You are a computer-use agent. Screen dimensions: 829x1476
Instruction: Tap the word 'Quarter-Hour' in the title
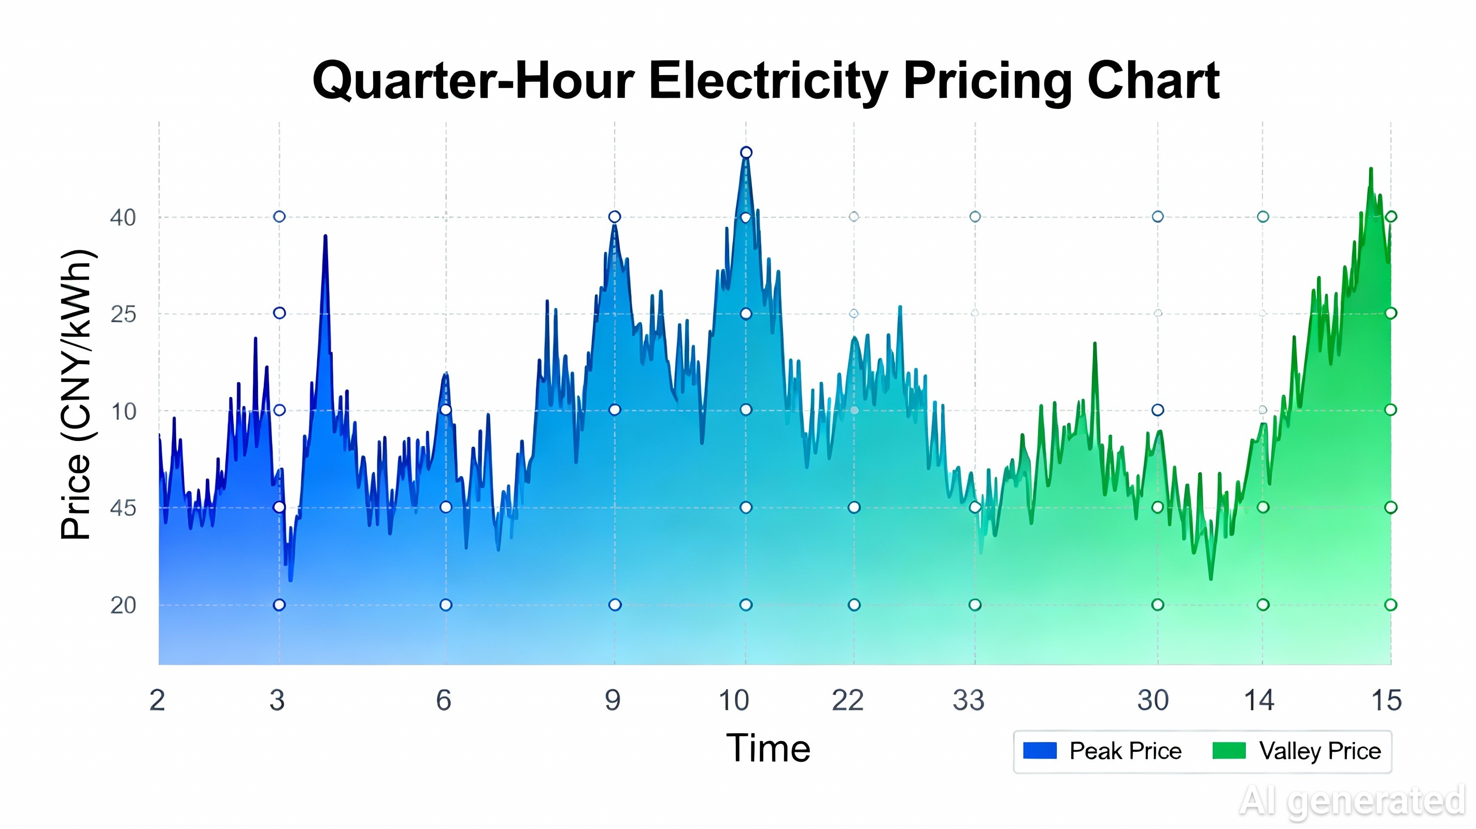pyautogui.click(x=473, y=81)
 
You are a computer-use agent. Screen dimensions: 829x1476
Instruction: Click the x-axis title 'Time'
pyautogui.click(x=768, y=748)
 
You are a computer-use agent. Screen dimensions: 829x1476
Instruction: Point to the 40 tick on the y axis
pyautogui.click(x=123, y=218)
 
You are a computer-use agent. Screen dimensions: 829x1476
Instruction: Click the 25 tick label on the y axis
pyautogui.click(x=123, y=315)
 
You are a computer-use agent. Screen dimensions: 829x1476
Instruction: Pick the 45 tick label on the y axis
pyautogui.click(x=123, y=508)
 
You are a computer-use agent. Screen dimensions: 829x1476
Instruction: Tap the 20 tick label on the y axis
pyautogui.click(x=123, y=606)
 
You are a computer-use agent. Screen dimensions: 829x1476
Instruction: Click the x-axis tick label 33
pyautogui.click(x=968, y=701)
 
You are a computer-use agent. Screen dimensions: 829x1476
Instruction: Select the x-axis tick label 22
pyautogui.click(x=847, y=701)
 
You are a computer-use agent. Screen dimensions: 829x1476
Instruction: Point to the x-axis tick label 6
pyautogui.click(x=444, y=701)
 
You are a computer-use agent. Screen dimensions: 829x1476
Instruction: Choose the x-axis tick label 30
pyautogui.click(x=1153, y=701)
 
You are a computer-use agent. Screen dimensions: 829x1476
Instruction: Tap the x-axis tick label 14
pyautogui.click(x=1259, y=701)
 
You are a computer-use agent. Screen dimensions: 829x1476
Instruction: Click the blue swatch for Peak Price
pyautogui.click(x=1040, y=751)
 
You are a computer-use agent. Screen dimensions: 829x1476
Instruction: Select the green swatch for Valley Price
pyautogui.click(x=1229, y=751)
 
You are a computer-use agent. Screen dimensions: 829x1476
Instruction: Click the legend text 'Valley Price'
pyautogui.click(x=1320, y=751)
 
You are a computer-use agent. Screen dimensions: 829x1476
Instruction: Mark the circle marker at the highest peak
pyautogui.click(x=746, y=152)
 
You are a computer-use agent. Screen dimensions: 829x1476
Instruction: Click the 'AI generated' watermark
pyautogui.click(x=1352, y=801)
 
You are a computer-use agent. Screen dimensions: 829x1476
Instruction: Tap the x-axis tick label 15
pyautogui.click(x=1386, y=701)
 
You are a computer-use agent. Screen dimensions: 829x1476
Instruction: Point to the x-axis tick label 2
pyautogui.click(x=157, y=701)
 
